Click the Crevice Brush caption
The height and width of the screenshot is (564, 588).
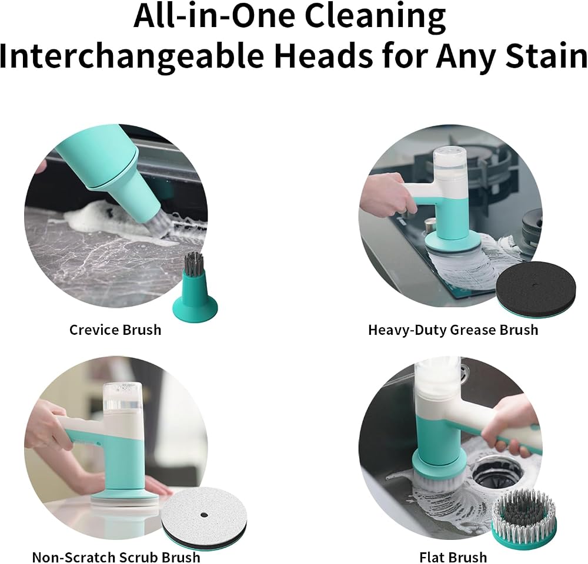[x=115, y=330]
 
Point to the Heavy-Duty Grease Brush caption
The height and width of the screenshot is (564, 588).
[x=453, y=330]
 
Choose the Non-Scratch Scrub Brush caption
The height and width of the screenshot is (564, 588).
[x=116, y=557]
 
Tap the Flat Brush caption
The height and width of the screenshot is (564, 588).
[x=453, y=557]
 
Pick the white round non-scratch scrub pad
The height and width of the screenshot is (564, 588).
[x=205, y=516]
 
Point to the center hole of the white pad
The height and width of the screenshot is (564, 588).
[x=203, y=515]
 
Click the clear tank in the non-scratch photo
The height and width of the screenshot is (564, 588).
[x=122, y=398]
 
